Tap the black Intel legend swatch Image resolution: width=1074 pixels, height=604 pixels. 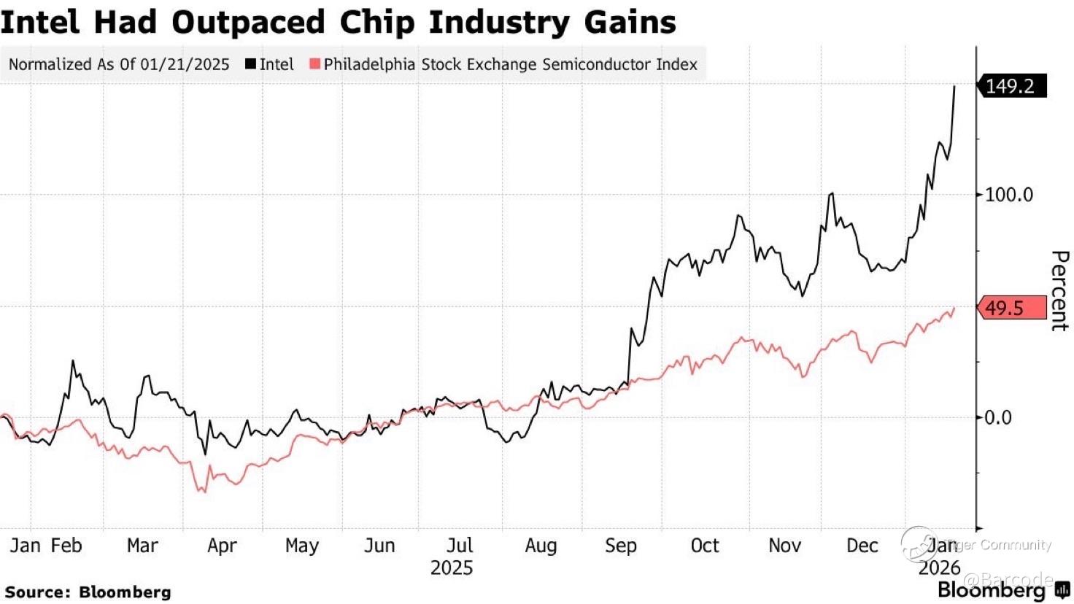(x=250, y=64)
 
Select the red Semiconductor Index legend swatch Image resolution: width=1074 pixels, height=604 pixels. (x=314, y=64)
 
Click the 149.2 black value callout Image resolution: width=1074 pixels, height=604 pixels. (x=1011, y=86)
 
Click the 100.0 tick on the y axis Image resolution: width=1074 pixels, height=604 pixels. (x=1008, y=195)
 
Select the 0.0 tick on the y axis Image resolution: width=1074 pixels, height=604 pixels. (x=997, y=418)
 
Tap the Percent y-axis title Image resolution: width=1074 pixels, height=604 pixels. (x=1059, y=290)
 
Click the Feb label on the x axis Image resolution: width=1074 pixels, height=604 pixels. (x=66, y=546)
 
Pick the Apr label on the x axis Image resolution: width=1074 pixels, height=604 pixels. (x=222, y=546)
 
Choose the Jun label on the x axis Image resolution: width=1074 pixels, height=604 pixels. (x=379, y=546)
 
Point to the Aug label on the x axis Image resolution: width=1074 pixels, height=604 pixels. (x=541, y=546)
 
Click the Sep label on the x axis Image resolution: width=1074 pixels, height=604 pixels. (x=621, y=546)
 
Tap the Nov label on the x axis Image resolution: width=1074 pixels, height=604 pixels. (x=784, y=546)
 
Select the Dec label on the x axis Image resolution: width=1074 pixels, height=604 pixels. (x=862, y=546)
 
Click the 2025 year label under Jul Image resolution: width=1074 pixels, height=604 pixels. (x=451, y=568)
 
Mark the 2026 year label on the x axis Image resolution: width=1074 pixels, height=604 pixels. (x=939, y=568)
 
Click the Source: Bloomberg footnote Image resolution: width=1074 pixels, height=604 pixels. (x=88, y=592)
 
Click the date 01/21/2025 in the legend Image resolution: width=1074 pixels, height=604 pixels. (x=185, y=64)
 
